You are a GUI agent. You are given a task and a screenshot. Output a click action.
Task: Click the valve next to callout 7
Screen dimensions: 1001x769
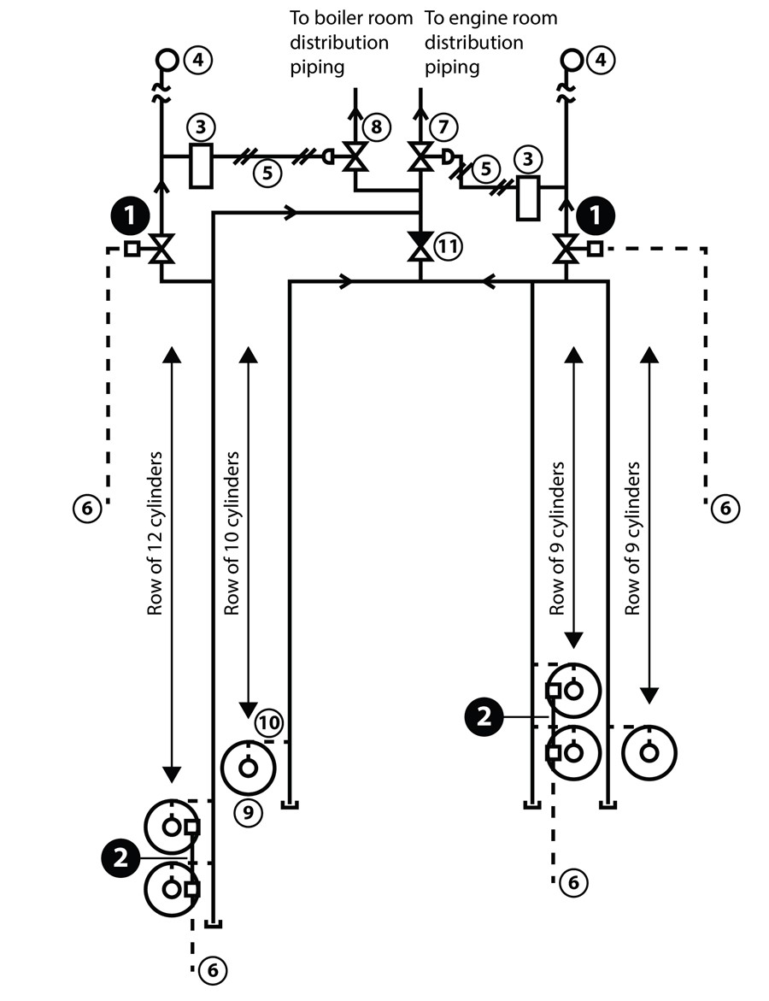coord(420,157)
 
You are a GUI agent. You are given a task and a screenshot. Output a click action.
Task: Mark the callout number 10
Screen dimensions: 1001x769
coord(268,723)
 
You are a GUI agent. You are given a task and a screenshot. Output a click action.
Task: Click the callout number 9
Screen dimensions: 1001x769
coord(248,811)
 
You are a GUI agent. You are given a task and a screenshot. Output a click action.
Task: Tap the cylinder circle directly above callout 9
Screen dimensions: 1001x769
coord(248,767)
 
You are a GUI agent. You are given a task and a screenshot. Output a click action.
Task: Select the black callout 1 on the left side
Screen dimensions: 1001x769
coord(130,216)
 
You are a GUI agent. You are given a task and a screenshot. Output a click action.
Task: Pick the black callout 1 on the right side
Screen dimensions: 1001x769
coord(595,216)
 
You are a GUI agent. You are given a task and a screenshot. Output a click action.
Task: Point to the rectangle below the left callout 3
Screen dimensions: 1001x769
coord(200,166)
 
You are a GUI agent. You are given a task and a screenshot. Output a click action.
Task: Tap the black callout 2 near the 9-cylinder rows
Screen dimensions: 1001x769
coord(484,716)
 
